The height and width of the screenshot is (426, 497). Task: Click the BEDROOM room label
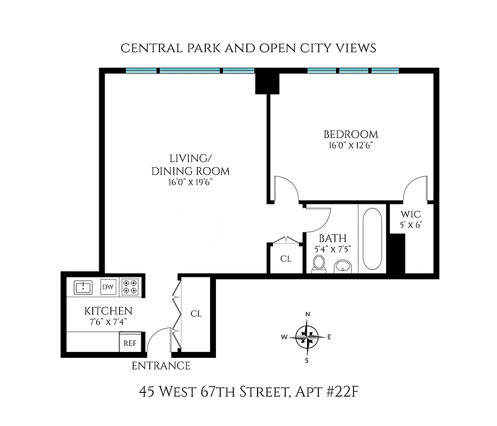(x=350, y=134)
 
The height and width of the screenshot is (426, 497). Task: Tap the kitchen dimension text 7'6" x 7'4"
(x=108, y=321)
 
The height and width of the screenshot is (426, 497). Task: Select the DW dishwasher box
(x=108, y=288)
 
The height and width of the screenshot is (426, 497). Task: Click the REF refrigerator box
(x=130, y=343)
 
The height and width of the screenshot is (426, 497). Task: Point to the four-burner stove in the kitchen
(x=130, y=287)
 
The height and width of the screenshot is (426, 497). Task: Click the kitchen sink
(x=83, y=288)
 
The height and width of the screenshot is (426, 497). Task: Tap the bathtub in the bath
(x=372, y=238)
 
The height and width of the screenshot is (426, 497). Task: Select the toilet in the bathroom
(x=319, y=263)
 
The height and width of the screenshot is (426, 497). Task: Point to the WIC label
(x=411, y=215)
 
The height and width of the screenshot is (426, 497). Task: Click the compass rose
(x=307, y=337)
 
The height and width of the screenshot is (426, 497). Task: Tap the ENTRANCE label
(x=161, y=366)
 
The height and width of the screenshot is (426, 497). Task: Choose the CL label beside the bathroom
(x=286, y=259)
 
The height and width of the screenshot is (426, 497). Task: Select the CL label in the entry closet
(x=196, y=314)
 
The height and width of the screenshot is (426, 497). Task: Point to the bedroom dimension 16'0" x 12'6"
(x=350, y=145)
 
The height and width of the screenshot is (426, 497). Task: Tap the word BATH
(x=333, y=238)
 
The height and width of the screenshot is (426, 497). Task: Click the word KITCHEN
(x=108, y=311)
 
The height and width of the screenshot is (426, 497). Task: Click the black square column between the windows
(x=267, y=83)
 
